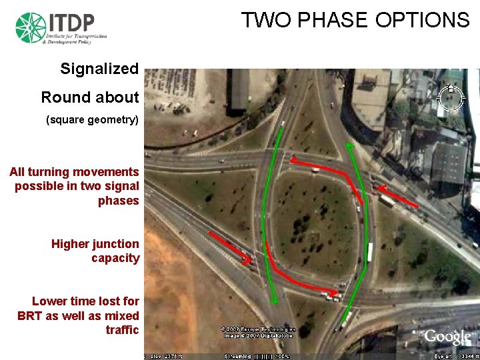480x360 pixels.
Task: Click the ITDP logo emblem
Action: click(30, 28)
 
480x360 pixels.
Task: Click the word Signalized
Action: click(99, 69)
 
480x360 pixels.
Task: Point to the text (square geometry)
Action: click(92, 120)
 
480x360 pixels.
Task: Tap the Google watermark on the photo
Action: click(443, 337)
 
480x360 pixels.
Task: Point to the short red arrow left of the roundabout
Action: click(229, 246)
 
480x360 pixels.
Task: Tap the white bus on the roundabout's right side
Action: click(369, 252)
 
